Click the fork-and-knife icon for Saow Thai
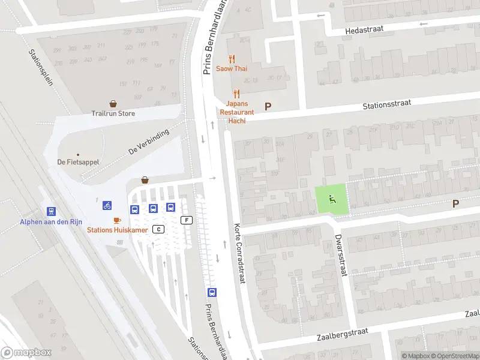232,58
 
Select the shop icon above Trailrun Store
113,104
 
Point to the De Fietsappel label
78,161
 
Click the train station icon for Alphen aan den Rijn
52,211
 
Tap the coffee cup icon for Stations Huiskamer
117,220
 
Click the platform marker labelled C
158,229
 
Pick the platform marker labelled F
187,220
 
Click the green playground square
331,198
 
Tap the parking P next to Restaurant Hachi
268,107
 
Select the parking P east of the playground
455,203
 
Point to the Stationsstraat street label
386,104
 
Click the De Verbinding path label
149,142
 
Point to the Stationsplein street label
41,66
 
